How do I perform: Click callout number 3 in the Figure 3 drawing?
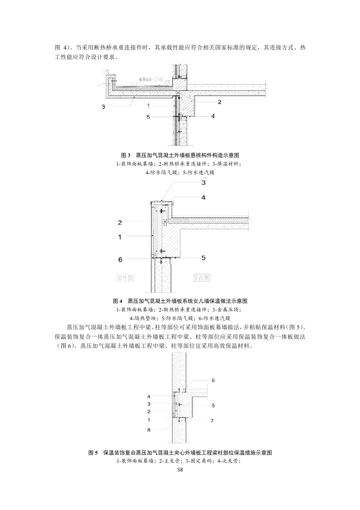click(x=104, y=107)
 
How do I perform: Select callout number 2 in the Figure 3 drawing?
click(x=219, y=102)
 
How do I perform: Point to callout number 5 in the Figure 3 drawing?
click(x=148, y=117)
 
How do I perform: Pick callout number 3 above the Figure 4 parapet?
click(x=203, y=183)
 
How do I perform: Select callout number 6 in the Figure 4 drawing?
click(x=120, y=259)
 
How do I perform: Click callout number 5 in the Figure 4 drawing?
click(x=203, y=257)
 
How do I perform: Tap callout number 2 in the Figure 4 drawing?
click(x=120, y=223)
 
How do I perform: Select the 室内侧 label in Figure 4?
click(x=201, y=277)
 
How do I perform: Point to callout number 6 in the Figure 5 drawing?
click(x=213, y=380)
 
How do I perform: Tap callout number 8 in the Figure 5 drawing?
click(x=149, y=428)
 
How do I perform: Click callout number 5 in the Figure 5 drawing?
click(x=213, y=405)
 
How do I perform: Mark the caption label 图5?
click(x=93, y=453)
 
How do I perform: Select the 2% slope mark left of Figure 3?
click(x=107, y=71)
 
